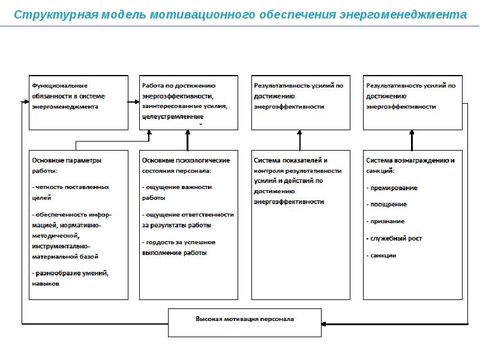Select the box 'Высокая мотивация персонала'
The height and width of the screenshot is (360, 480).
pyautogui.click(x=245, y=319)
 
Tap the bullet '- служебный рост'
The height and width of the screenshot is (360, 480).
pyautogui.click(x=394, y=238)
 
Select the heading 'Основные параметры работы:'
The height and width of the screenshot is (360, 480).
pyautogui.click(x=67, y=166)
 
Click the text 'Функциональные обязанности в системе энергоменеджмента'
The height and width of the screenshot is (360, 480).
pyautogui.click(x=68, y=96)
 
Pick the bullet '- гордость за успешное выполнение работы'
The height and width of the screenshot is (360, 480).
pyautogui.click(x=178, y=247)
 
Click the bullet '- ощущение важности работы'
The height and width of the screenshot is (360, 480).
pyautogui.click(x=176, y=192)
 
